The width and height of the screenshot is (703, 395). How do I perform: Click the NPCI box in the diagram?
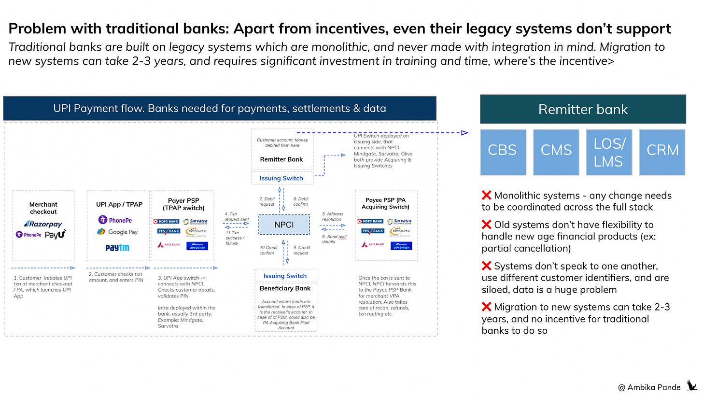pos(283,225)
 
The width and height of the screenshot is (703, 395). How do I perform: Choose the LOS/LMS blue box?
pos(609,152)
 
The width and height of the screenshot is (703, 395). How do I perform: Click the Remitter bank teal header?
pos(583,109)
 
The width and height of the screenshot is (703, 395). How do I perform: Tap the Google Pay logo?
pos(117,232)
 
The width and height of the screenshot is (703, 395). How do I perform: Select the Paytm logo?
pos(117,248)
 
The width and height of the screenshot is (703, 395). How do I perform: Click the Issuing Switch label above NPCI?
pos(281,178)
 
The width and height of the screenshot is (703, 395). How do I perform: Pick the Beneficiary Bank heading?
pos(285,288)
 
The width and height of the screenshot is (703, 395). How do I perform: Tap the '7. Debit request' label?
pos(267,201)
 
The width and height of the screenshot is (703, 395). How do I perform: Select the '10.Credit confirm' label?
pos(268,250)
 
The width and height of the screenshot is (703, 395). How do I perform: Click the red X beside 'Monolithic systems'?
pos(486,196)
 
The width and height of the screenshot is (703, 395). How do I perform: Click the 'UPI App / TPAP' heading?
pos(119,204)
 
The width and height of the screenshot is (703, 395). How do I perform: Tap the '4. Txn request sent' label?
pos(236,216)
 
